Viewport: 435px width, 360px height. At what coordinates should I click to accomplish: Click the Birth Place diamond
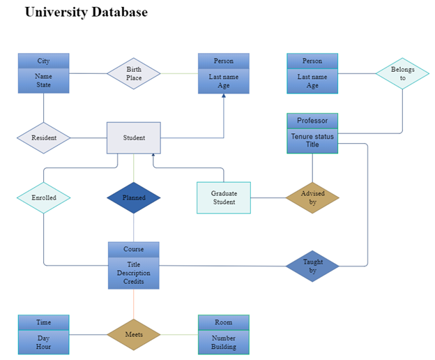[x=134, y=73]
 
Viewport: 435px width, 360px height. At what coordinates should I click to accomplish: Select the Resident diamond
[x=43, y=138]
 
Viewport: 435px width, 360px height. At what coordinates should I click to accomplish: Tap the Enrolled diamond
[x=43, y=197]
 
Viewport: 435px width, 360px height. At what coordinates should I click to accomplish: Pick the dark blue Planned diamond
[x=134, y=197]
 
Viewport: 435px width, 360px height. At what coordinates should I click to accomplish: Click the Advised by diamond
[x=312, y=197]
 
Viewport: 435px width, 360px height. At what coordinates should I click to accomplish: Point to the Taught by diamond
[x=312, y=267]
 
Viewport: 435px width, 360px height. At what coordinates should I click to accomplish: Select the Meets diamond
[x=134, y=334]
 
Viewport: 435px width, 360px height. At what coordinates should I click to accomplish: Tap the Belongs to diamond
[x=402, y=73]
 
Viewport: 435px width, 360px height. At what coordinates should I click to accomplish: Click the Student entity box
[x=134, y=138]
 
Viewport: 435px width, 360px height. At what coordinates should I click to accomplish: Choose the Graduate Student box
[x=224, y=197]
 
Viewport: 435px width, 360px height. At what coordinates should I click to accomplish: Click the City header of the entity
[x=43, y=61]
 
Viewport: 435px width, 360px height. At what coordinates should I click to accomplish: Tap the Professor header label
[x=312, y=121]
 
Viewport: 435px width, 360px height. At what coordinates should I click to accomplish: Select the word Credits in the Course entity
[x=134, y=281]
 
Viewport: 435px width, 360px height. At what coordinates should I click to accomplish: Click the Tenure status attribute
[x=312, y=136]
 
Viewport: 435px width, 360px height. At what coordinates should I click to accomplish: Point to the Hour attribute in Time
[x=43, y=347]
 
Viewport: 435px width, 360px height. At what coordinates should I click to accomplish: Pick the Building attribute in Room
[x=224, y=347]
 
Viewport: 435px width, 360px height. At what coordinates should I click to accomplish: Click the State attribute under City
[x=43, y=84]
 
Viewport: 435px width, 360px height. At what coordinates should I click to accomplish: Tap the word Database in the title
[x=120, y=12]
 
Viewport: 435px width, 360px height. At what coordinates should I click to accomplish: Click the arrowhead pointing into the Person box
[x=224, y=96]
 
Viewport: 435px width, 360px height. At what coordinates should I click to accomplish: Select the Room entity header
[x=224, y=322]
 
